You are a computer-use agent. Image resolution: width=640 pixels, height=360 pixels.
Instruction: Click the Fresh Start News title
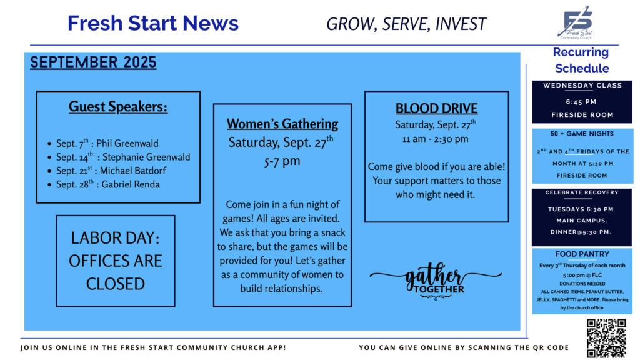(x=153, y=23)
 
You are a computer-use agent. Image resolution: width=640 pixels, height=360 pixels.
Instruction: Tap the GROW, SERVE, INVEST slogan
(x=406, y=24)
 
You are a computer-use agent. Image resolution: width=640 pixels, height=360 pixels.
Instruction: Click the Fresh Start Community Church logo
(x=576, y=22)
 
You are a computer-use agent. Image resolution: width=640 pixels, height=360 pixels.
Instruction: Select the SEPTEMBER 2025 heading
(x=93, y=62)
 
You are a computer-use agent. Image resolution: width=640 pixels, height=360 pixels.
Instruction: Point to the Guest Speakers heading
(x=118, y=106)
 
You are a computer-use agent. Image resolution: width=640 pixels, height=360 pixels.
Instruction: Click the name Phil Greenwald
(x=127, y=143)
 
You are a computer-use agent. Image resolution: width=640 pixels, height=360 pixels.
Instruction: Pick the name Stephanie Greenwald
(x=146, y=157)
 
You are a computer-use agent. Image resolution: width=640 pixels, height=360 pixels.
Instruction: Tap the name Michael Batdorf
(x=133, y=171)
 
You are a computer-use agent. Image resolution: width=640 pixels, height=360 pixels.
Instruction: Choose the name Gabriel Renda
(x=131, y=184)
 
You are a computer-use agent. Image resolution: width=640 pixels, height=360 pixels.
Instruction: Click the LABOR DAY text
(x=116, y=238)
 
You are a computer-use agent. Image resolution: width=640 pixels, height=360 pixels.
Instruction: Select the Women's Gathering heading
(x=282, y=124)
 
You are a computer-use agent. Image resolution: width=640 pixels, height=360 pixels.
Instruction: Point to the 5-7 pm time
(x=282, y=161)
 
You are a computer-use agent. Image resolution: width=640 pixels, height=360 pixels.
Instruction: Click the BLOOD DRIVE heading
(x=436, y=108)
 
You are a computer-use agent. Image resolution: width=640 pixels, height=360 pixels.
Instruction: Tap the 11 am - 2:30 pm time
(x=435, y=139)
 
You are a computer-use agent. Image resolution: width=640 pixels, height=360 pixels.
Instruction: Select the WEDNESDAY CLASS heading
(x=582, y=85)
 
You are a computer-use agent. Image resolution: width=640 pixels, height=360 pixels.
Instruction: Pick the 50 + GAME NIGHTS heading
(x=582, y=134)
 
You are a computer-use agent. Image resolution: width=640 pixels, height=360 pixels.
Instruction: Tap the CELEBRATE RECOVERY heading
(x=582, y=192)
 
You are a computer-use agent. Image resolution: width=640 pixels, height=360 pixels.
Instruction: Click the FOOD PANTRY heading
(x=582, y=254)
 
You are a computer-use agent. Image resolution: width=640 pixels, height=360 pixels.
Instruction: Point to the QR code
(x=606, y=338)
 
